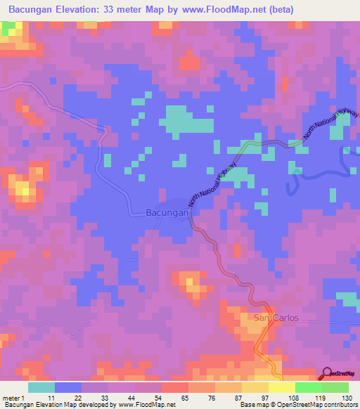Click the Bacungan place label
click(x=167, y=212)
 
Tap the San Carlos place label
click(x=276, y=318)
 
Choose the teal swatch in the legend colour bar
click(x=41, y=387)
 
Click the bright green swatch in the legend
click(x=308, y=387)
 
